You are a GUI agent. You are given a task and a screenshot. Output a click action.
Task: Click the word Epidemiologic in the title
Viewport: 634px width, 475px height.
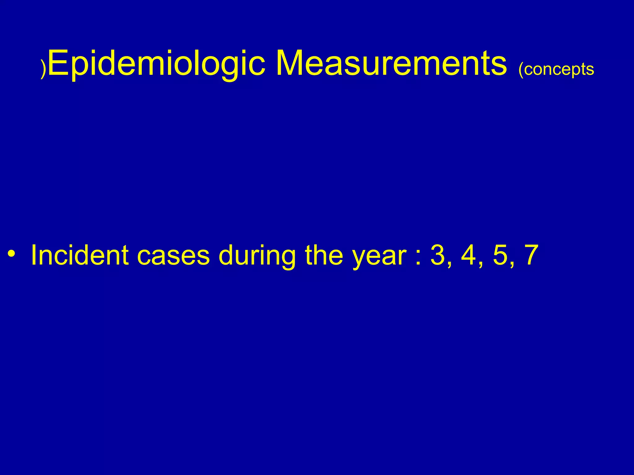click(x=156, y=63)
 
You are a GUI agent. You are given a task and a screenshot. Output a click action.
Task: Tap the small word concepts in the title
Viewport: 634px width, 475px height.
click(x=559, y=69)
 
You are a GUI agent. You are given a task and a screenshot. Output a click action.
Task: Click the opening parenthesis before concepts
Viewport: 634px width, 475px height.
click(x=521, y=70)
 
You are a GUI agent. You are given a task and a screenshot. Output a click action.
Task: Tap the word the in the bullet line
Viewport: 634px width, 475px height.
click(x=324, y=255)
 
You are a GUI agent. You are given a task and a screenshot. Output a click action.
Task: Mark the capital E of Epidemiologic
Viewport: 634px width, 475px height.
click(x=58, y=63)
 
